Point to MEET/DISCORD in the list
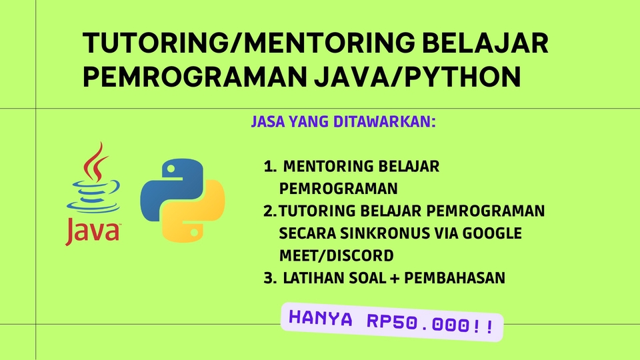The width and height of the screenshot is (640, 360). click(x=337, y=255)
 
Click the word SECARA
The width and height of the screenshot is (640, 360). click(x=310, y=233)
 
